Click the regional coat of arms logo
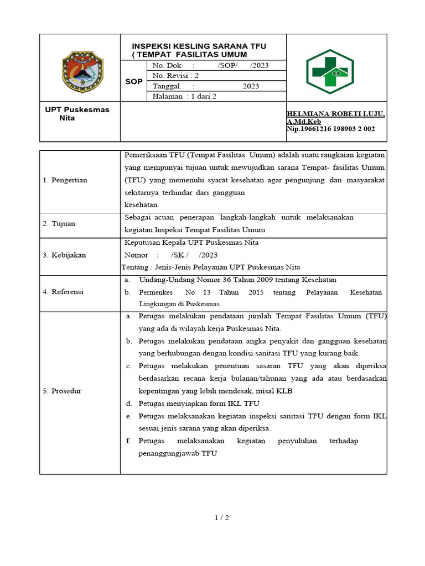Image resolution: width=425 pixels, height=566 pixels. [82, 72]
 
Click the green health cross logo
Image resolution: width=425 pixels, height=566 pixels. [330, 75]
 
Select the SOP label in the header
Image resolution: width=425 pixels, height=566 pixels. [133, 81]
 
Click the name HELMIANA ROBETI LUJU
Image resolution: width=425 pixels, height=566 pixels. [335, 114]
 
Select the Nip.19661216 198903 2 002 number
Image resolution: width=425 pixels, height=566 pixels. [330, 129]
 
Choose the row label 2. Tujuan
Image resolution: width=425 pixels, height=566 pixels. [59, 224]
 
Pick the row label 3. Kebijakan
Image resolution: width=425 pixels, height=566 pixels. [64, 255]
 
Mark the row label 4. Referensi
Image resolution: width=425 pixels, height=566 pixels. [63, 292]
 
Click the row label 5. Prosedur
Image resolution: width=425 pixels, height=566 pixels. [62, 391]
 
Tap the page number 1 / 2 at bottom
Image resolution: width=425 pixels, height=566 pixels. [221, 518]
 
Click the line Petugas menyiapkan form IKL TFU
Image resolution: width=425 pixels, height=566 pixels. [199, 403]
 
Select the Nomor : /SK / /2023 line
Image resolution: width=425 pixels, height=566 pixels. [172, 255]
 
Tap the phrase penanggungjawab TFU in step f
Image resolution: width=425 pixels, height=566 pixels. [178, 453]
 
